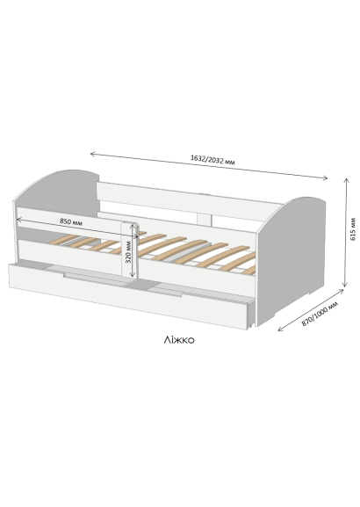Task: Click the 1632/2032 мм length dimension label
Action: pos(212,160)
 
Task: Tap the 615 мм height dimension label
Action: pos(353,229)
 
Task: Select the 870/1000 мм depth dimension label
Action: pos(320,314)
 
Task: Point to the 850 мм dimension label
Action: pos(71,221)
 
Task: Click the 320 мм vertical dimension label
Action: pos(128,252)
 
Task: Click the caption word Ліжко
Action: pos(179,340)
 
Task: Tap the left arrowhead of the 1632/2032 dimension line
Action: pos(91,154)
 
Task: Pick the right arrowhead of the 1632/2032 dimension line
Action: pos(326,177)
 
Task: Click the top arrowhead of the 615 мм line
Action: pos(347,180)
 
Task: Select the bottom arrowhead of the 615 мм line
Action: pos(345,285)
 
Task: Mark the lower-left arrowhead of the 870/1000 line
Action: pos(280,330)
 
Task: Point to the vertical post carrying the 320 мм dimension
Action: pos(130,250)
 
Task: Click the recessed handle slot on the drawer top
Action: pos(123,280)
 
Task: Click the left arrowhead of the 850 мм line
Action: pos(18,220)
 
